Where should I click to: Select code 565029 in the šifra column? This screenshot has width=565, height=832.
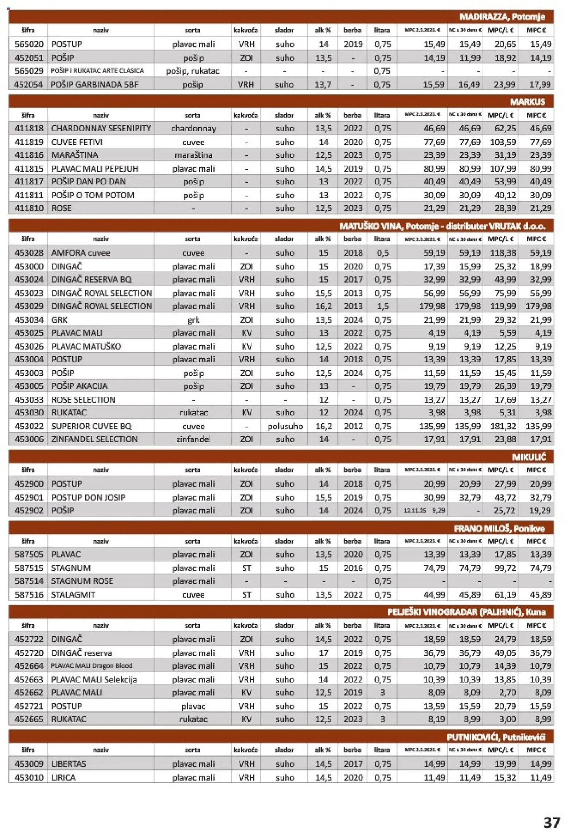(x=29, y=71)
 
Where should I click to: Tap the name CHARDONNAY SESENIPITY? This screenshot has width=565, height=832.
(x=101, y=128)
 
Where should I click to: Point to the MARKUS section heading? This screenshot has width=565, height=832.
(x=527, y=102)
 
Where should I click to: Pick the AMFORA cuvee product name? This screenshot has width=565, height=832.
(x=81, y=253)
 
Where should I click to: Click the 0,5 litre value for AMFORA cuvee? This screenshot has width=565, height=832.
(x=382, y=253)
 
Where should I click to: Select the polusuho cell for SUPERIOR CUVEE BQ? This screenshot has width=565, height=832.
(x=285, y=426)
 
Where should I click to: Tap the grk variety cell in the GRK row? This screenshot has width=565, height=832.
(x=193, y=320)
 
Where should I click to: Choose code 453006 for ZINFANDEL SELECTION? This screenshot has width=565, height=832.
(x=29, y=439)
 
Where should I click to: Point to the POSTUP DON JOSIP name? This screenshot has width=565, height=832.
(x=88, y=497)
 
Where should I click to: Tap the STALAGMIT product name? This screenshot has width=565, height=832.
(x=73, y=595)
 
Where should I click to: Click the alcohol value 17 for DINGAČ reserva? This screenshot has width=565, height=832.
(x=324, y=653)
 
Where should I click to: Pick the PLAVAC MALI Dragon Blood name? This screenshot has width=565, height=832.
(x=91, y=666)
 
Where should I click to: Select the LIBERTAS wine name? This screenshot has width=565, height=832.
(x=69, y=763)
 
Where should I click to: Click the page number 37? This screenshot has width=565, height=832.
(x=552, y=822)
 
